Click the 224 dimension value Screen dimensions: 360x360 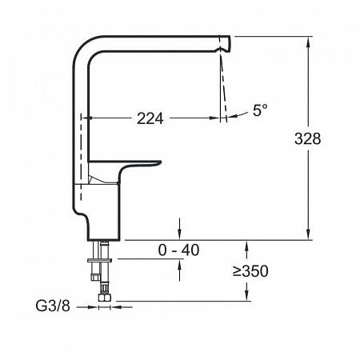point(150,118)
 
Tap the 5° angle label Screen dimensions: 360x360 point(259,111)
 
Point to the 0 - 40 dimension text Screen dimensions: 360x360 point(178,250)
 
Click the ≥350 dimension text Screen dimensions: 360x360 point(250,271)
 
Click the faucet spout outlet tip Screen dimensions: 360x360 point(226,42)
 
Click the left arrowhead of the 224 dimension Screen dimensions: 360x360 point(86,118)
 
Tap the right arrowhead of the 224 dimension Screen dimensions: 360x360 point(218,118)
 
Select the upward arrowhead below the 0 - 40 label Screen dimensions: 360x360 point(179,266)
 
